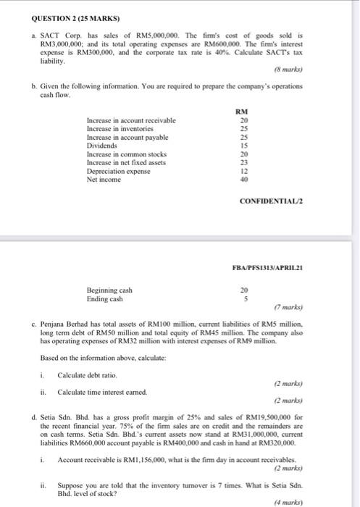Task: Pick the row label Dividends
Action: pos(102,146)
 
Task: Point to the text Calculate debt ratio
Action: pos(87,374)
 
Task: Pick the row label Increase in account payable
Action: pos(127,137)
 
